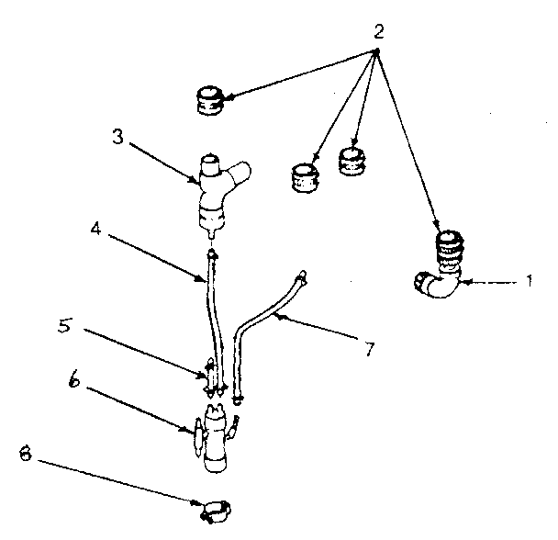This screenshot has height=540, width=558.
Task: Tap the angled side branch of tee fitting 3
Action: click(241, 173)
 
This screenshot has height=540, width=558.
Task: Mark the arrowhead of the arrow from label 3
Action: click(195, 181)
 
